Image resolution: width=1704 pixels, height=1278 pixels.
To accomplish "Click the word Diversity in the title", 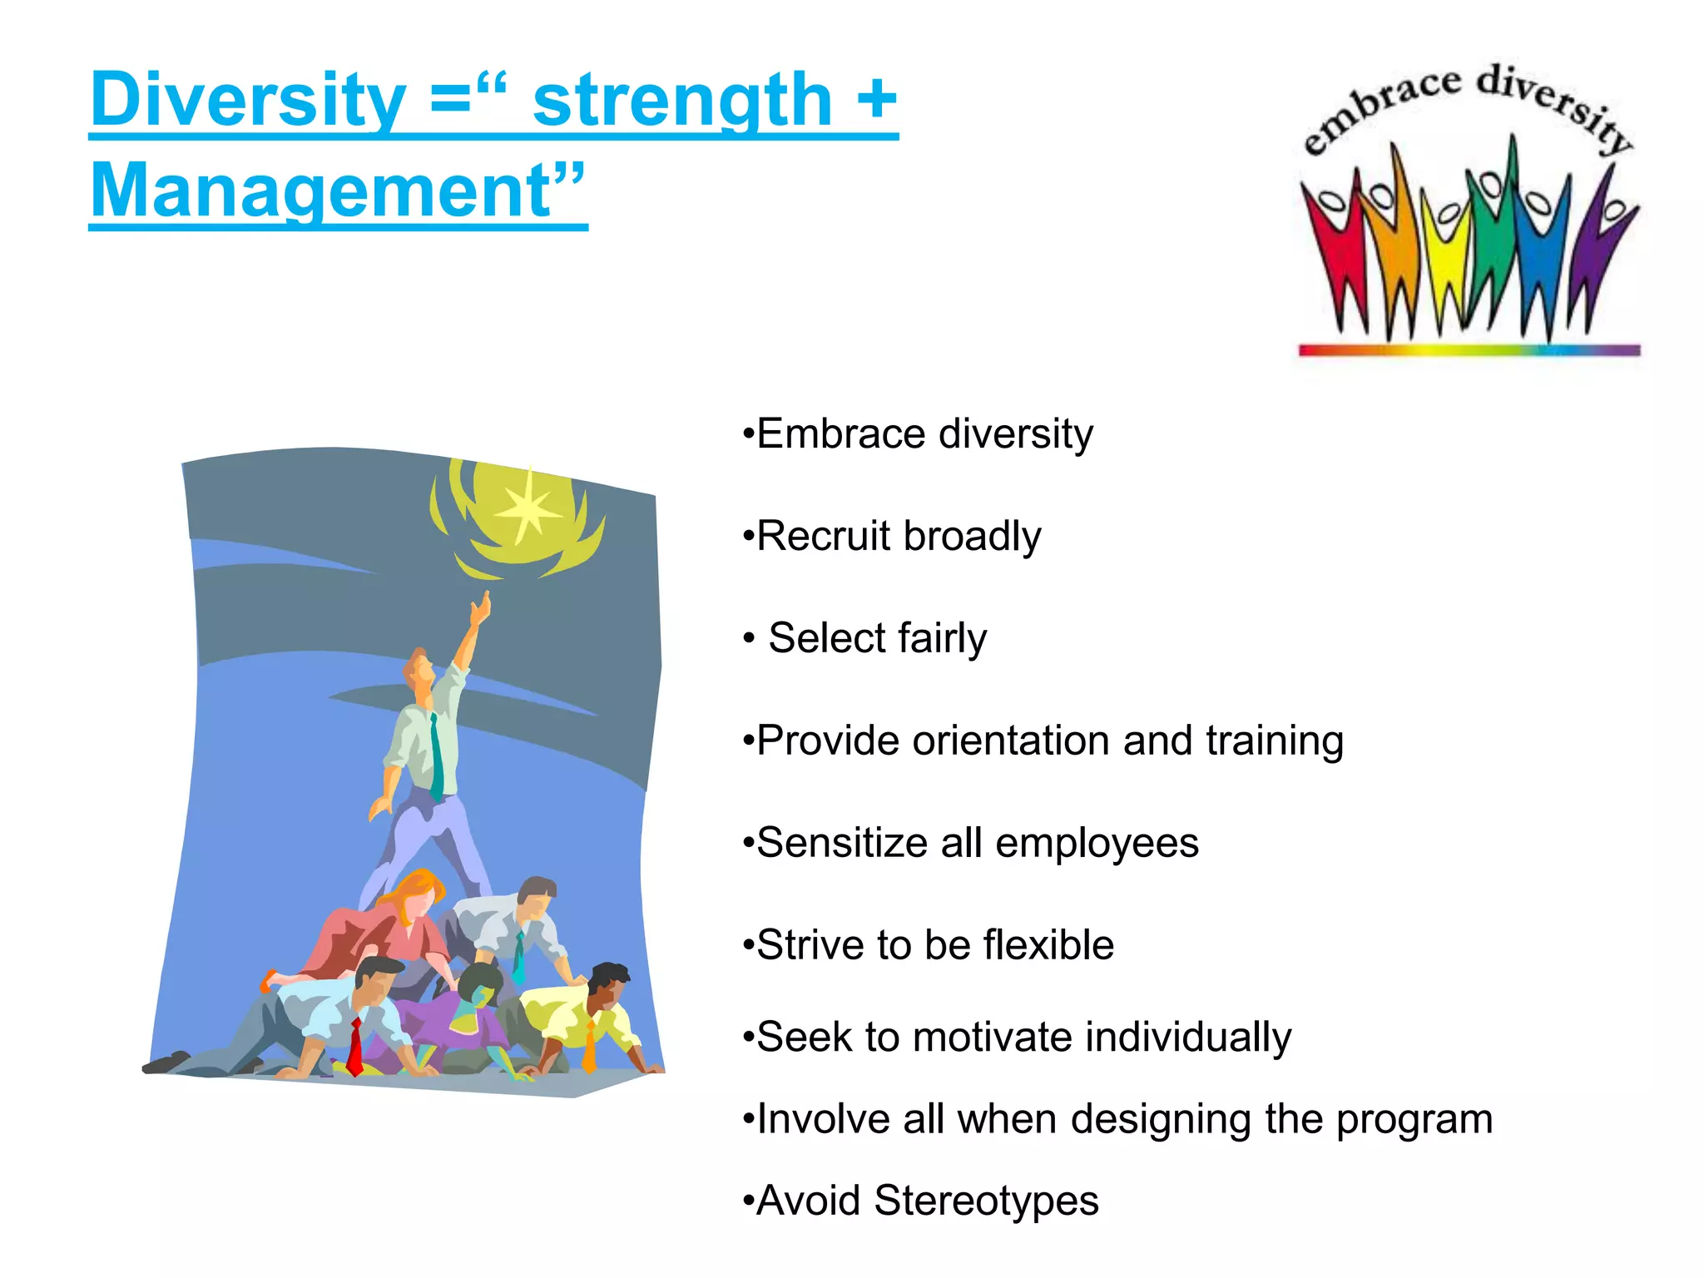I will click(x=248, y=100).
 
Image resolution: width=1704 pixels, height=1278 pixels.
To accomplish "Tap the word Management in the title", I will click(x=320, y=191).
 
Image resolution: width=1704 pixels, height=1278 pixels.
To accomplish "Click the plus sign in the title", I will click(x=875, y=100).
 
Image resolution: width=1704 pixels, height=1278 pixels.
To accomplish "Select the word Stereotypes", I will click(x=986, y=1201).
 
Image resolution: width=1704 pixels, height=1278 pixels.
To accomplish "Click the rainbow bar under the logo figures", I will click(x=1469, y=350).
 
